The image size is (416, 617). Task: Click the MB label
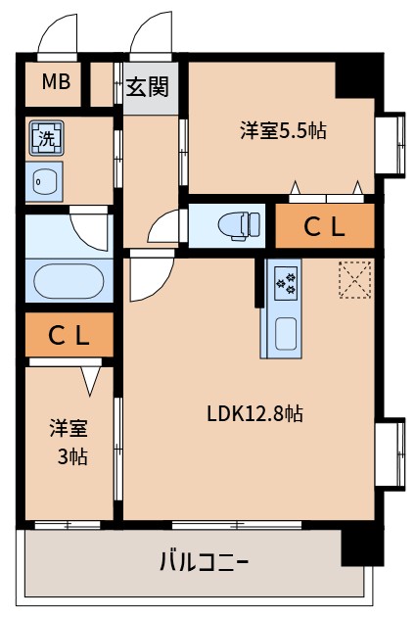[56, 82]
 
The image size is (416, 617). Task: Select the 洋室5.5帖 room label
[283, 130]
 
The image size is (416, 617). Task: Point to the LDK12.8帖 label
[254, 413]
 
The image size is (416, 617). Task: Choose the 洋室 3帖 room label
[69, 443]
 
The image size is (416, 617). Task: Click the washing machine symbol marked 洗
[45, 137]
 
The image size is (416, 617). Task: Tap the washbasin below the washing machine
[44, 180]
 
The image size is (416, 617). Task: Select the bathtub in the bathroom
[69, 281]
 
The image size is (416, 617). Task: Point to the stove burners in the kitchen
[287, 283]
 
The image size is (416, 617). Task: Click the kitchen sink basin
[285, 333]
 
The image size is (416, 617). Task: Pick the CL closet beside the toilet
[324, 227]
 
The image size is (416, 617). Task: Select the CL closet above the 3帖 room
[69, 336]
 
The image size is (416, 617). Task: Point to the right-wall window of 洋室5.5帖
[393, 145]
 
